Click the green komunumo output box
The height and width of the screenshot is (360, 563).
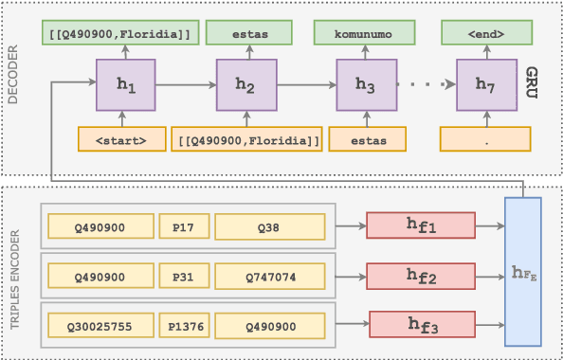point(365,36)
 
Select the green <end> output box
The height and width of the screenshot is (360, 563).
point(485,36)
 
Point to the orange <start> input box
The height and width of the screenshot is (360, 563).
point(119,139)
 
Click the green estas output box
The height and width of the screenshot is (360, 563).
point(246,36)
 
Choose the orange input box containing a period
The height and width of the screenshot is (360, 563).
point(485,139)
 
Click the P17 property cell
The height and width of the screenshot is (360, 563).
point(184,226)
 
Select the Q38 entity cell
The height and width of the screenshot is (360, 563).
point(269,226)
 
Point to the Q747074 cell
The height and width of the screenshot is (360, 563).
point(269,276)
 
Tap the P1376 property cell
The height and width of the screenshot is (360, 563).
point(184,325)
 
